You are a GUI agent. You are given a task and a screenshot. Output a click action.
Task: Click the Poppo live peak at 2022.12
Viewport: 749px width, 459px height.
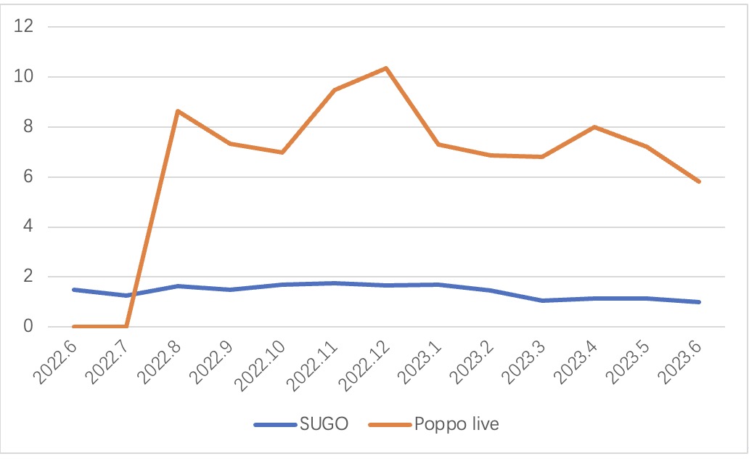(386, 68)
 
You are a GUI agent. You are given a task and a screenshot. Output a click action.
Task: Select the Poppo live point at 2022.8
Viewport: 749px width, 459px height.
(178, 111)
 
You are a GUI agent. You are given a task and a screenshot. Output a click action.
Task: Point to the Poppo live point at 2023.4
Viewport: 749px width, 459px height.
(594, 127)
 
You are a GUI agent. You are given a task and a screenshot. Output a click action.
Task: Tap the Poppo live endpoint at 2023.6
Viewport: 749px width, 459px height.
(699, 182)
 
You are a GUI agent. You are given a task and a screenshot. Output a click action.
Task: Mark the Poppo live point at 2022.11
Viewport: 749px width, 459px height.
(334, 90)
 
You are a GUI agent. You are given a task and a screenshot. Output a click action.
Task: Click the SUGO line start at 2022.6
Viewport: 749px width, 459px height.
(74, 290)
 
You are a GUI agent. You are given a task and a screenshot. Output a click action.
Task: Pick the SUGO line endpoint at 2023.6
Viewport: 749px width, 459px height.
(699, 302)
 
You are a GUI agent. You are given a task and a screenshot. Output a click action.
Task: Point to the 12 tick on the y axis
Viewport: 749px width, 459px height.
(29, 27)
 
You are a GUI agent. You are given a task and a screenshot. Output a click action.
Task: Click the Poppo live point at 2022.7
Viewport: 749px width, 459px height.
(126, 327)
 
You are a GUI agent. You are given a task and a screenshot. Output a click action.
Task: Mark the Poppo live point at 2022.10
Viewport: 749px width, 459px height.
(282, 153)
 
